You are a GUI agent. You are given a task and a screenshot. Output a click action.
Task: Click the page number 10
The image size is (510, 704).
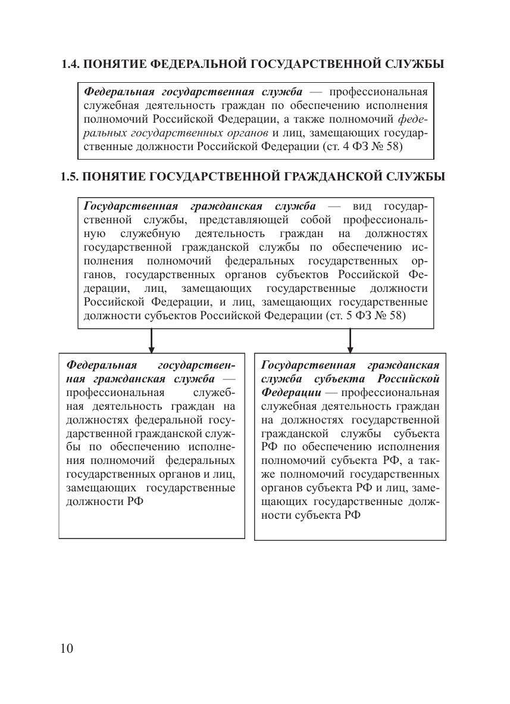point(66,648)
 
